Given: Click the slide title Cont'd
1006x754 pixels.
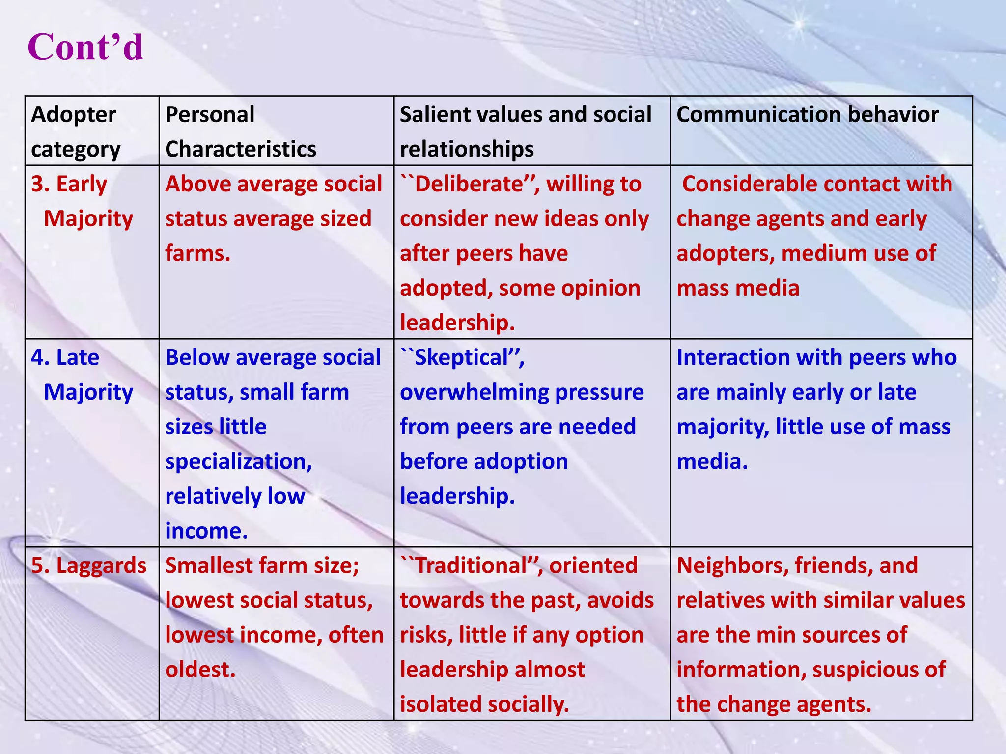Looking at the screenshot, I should [85, 47].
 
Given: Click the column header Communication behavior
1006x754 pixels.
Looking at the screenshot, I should [807, 115].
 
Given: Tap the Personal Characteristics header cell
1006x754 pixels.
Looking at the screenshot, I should [240, 132].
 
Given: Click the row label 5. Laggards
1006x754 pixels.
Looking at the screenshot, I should [89, 565].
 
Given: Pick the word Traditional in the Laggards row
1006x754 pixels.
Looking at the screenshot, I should [471, 565].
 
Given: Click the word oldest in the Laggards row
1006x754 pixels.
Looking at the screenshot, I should [200, 670].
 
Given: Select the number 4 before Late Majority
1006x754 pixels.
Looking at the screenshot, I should [39, 357].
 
